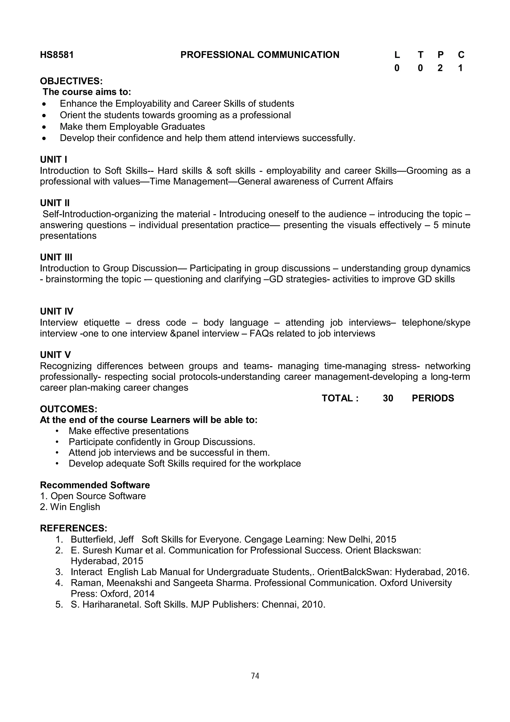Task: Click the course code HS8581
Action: [x=57, y=55]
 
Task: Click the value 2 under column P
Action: [x=440, y=68]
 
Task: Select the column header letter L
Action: [x=397, y=55]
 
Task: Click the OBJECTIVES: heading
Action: [x=71, y=81]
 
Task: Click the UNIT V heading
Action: [x=55, y=355]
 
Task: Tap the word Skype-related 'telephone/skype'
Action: [x=436, y=323]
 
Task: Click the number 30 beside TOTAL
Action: [x=388, y=398]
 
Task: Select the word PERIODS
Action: [x=433, y=398]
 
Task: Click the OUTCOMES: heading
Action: [x=68, y=409]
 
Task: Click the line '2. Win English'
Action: [x=70, y=507]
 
